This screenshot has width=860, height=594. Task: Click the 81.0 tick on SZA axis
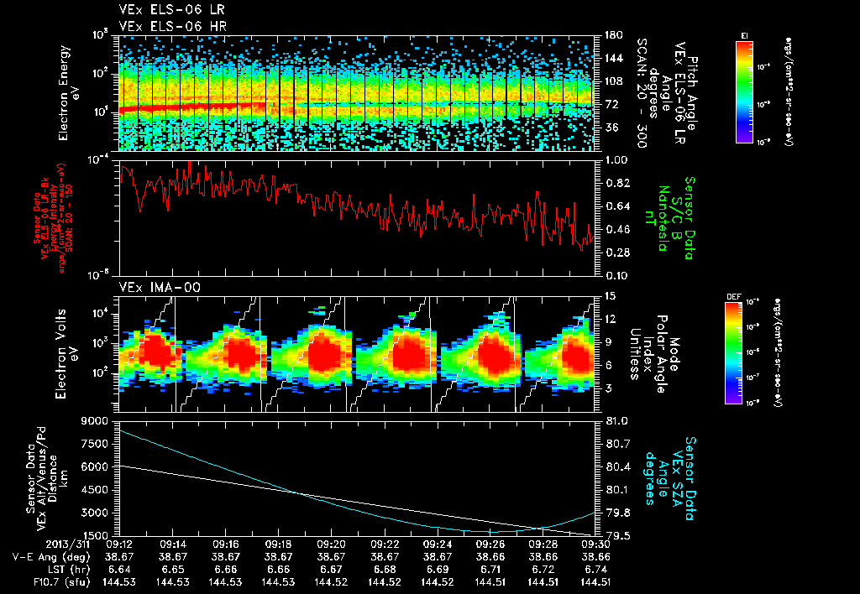617,421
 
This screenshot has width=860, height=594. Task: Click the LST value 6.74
596,569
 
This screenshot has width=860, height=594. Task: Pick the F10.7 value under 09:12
120,581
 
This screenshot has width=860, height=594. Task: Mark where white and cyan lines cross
300,492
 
